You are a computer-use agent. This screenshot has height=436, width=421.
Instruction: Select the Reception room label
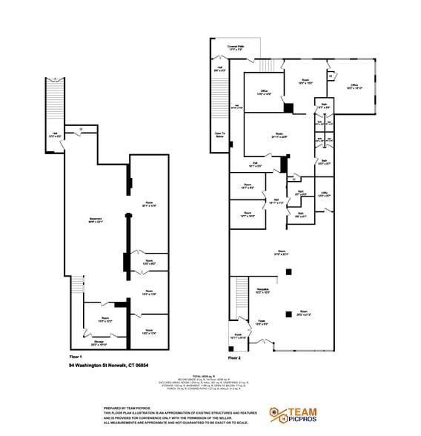pyautogui.click(x=262, y=291)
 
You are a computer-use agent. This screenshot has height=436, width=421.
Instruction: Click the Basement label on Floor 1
pyautogui.click(x=96, y=219)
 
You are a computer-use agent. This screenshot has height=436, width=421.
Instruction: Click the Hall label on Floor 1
pyautogui.click(x=53, y=136)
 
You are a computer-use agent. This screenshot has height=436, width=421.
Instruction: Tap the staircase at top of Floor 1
pyautogui.click(x=54, y=104)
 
